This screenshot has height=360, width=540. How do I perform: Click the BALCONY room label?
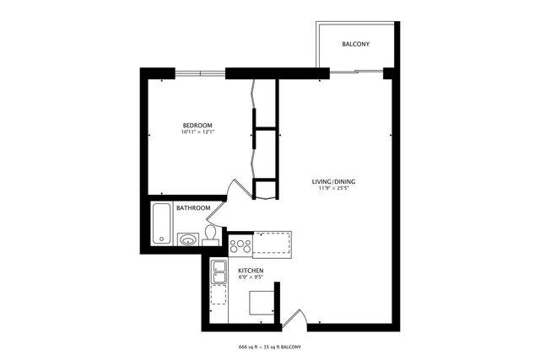(x=355, y=44)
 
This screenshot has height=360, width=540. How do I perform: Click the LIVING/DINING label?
(x=334, y=182)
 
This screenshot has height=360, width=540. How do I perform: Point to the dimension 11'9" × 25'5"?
(x=334, y=190)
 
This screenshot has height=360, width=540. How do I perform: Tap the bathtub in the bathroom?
(x=161, y=223)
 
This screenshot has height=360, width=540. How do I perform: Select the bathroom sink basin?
(x=188, y=239)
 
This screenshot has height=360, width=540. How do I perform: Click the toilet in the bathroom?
(x=210, y=235)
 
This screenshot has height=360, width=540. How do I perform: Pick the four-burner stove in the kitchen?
(x=240, y=246)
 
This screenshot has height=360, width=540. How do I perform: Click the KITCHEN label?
(x=251, y=271)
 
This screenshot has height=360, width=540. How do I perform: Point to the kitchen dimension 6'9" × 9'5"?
(x=251, y=278)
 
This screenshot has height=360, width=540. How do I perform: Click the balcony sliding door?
(x=354, y=73)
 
